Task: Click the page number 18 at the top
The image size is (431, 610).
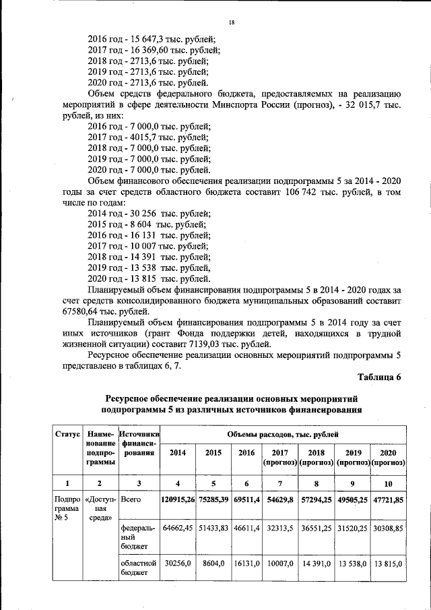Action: [x=230, y=22]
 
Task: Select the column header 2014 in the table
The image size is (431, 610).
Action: [x=178, y=453]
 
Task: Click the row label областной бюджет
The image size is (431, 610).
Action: [x=137, y=568]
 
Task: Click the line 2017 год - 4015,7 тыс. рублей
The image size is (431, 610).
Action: [x=149, y=137]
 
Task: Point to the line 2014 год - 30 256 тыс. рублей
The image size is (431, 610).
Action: [x=149, y=213]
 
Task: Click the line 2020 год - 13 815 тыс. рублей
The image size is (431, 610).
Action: [x=149, y=278]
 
